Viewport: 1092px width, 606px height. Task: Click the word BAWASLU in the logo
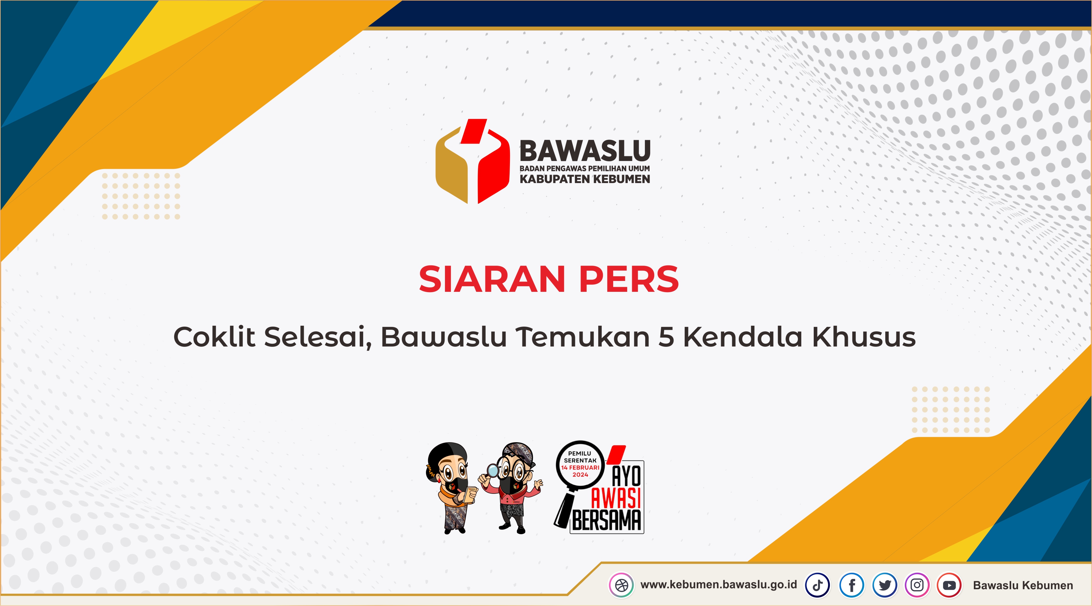[585, 151]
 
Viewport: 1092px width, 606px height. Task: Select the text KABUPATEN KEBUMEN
[585, 179]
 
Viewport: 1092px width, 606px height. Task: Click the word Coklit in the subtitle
[214, 337]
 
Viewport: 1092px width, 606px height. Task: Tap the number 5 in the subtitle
[666, 337]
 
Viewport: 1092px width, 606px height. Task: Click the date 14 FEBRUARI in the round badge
[580, 467]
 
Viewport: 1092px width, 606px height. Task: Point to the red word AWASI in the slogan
[616, 498]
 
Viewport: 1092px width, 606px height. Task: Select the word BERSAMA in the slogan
[607, 521]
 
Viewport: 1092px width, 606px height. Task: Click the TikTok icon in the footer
[818, 585]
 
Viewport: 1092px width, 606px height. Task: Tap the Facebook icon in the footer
[852, 585]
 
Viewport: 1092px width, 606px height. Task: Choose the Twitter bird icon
[885, 585]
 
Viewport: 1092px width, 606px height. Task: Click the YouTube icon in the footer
[949, 585]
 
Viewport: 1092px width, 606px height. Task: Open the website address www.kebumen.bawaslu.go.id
[719, 585]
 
